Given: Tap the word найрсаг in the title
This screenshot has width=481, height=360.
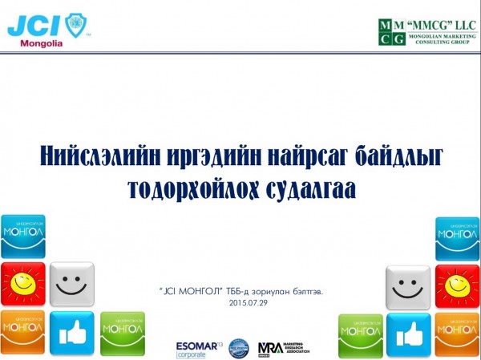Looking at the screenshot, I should [x=303, y=155].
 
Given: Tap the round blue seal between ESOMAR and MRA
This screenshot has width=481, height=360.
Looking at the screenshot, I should [x=238, y=347].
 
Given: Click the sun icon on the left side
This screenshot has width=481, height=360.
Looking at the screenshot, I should [x=22, y=284].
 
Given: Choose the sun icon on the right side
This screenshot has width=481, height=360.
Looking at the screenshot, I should [x=457, y=284].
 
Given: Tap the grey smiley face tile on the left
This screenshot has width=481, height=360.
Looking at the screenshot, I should [x=71, y=284].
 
